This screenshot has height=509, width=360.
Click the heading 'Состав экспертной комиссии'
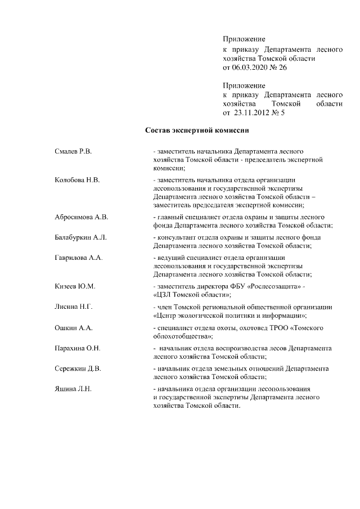point(197,131)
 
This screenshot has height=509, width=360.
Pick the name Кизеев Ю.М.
point(75,286)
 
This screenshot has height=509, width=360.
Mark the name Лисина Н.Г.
point(74,307)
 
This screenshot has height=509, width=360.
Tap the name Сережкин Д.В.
point(78,369)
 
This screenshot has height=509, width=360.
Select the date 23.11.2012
point(252,113)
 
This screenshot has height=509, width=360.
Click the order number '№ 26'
point(280,67)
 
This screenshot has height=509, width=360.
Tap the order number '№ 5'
point(279,113)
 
